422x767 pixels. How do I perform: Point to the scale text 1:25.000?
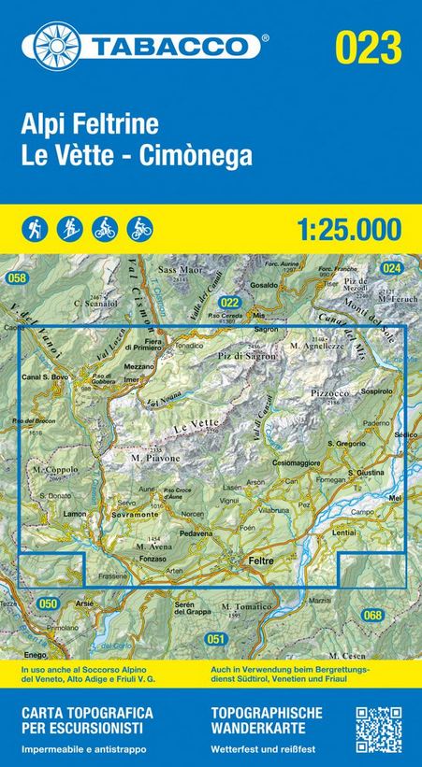(x=346, y=227)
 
